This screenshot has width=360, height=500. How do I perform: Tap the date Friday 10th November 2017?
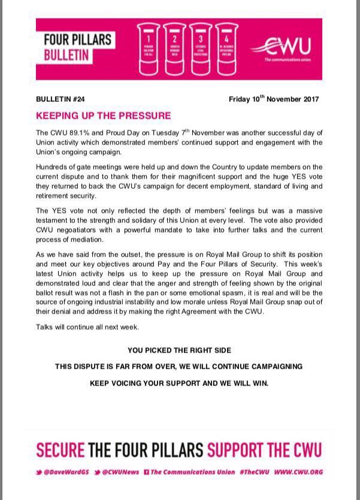click(x=274, y=99)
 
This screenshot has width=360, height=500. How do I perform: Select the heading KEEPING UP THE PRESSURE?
click(x=103, y=116)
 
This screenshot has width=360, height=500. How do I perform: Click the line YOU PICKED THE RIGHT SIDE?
click(x=179, y=350)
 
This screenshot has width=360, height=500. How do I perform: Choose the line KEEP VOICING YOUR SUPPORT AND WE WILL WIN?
click(x=179, y=382)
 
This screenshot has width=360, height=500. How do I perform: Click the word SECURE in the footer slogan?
click(x=60, y=449)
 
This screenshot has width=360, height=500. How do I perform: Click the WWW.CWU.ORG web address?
click(x=298, y=472)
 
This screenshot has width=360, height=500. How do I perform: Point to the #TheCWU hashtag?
click(x=255, y=472)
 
